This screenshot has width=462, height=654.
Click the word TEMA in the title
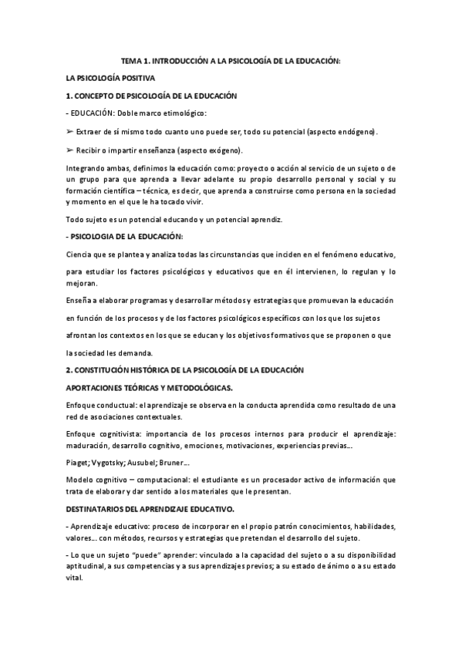133,60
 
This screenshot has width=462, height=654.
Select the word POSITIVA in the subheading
137,78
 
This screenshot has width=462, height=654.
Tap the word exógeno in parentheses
244,150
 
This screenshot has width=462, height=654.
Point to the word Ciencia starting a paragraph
80,254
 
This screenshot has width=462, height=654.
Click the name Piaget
78,462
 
